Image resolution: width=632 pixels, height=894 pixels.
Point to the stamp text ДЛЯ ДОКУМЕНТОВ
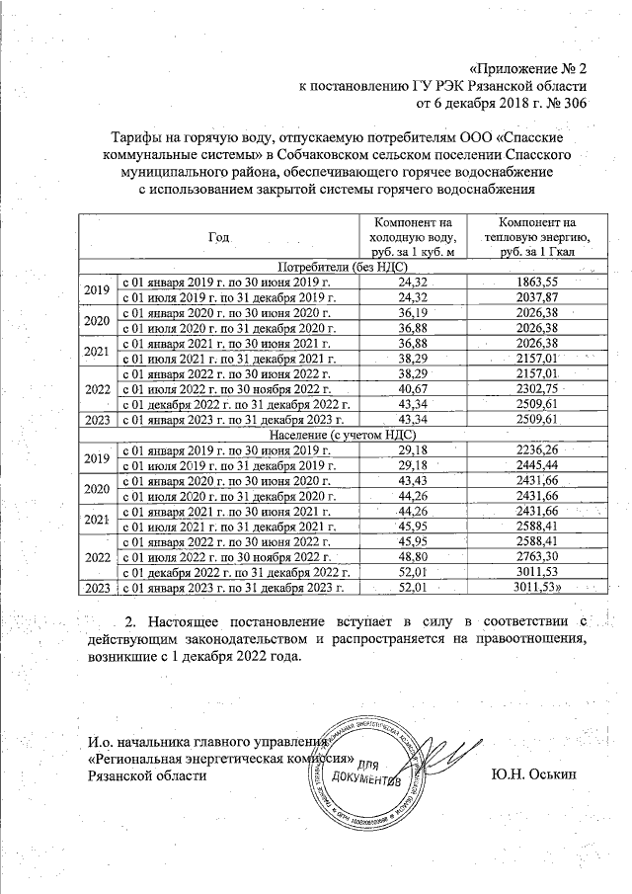point(365,772)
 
